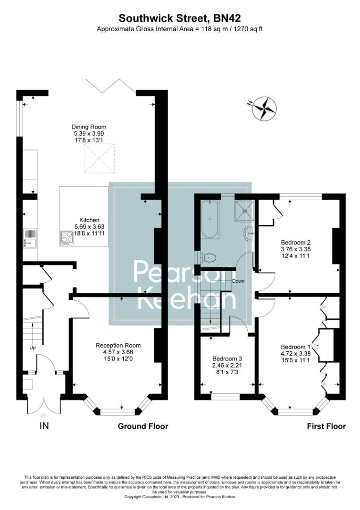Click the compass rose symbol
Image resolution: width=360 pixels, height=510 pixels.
tap(264, 108)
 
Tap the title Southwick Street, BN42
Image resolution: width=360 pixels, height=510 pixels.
tap(180, 18)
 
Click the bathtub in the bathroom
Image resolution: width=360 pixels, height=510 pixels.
tap(209, 219)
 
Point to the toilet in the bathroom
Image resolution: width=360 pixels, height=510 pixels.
tap(209, 258)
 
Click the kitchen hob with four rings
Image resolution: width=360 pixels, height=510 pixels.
tap(67, 238)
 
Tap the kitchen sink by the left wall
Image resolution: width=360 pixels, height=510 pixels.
tap(30, 238)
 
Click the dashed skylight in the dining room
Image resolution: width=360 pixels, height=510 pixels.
tap(99, 158)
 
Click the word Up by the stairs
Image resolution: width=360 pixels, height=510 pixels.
tap(33, 348)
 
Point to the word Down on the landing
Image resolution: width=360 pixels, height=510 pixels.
tap(238, 281)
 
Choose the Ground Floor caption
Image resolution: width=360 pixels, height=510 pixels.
tap(142, 426)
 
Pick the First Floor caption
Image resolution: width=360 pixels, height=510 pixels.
tap(326, 426)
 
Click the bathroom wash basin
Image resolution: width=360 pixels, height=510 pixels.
tap(250, 232)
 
